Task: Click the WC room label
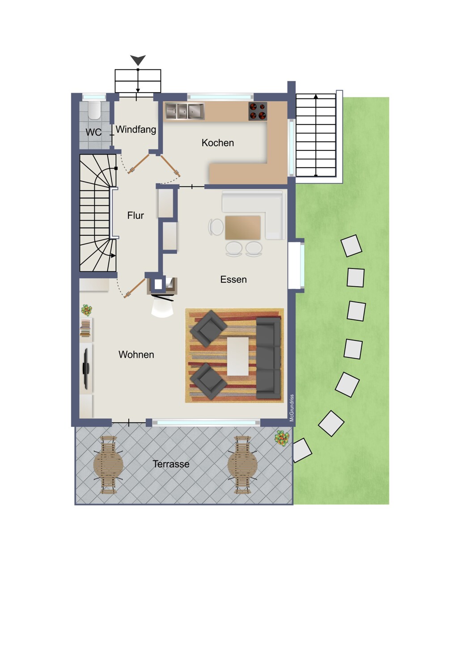coord(93,132)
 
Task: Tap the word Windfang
coord(136,129)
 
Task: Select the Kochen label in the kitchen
coord(218,143)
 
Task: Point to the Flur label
coord(135,215)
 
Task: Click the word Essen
coord(233,280)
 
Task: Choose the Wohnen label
coord(136,355)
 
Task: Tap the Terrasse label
coord(171,464)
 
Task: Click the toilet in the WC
coord(95,110)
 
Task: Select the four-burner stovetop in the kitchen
coord(258,111)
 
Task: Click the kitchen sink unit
coord(185,111)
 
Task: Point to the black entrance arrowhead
coord(138,60)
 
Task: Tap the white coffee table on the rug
coord(238,356)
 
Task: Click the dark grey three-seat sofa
coord(269,358)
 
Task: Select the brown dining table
coord(243,228)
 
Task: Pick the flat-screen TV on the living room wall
coord(86,369)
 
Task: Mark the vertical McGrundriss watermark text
coord(292,408)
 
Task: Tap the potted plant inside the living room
coord(87,310)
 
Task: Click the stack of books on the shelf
coord(85,328)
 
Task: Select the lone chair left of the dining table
coord(216,227)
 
